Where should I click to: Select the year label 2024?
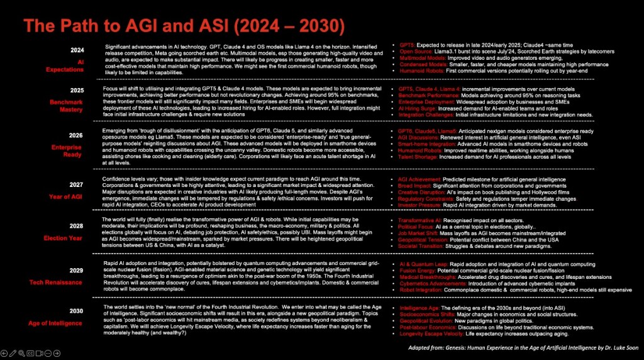77,50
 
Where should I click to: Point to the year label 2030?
76,311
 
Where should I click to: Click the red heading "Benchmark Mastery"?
65,104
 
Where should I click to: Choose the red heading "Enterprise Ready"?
66,150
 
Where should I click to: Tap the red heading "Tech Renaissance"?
58,282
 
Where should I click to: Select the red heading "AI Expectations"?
65,65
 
